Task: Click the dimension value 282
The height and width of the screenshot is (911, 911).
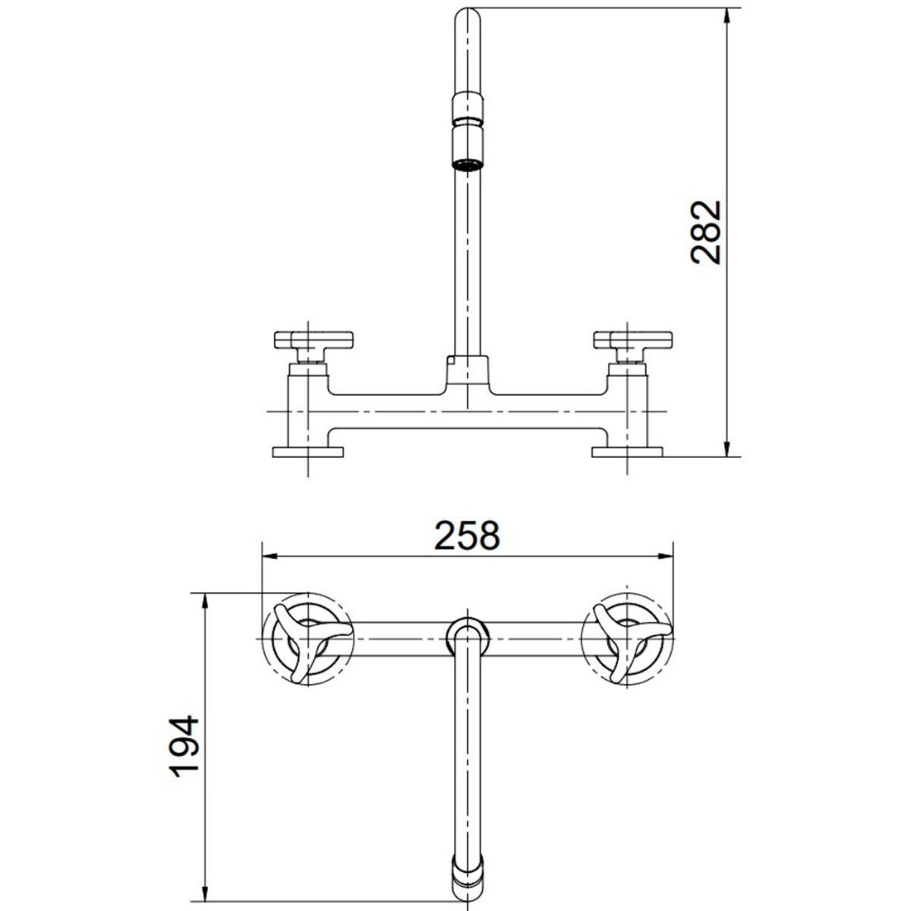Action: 707,232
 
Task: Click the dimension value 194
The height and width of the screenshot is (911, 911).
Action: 184,745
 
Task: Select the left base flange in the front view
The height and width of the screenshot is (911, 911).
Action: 307,451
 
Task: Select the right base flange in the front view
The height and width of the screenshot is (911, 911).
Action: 627,451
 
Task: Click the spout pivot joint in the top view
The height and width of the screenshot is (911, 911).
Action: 467,634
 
